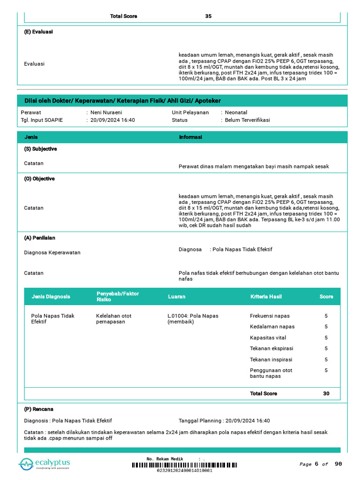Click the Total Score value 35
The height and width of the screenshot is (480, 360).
208,16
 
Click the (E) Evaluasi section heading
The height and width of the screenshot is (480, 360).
38,32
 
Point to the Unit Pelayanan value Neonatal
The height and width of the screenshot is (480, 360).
236,112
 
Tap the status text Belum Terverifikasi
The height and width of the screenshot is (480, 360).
247,120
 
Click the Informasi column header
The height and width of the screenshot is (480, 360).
190,137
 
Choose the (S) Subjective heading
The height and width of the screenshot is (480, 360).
40,149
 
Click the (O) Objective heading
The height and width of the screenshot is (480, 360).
39,179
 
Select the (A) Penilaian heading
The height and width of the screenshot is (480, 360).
40,238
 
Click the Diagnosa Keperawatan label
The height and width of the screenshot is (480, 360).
52,253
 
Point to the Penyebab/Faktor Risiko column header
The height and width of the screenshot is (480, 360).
118,296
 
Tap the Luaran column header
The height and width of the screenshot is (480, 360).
177,297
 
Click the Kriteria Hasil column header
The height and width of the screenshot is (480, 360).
266,297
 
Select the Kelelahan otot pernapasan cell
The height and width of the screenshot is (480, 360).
113,319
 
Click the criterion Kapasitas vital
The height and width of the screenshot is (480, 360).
268,338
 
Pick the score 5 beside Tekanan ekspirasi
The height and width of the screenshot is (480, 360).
326,349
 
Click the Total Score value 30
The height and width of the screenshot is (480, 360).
326,394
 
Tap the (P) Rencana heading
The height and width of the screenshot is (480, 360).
39,409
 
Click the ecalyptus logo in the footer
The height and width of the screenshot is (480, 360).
45,464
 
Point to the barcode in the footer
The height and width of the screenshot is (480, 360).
184,465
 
